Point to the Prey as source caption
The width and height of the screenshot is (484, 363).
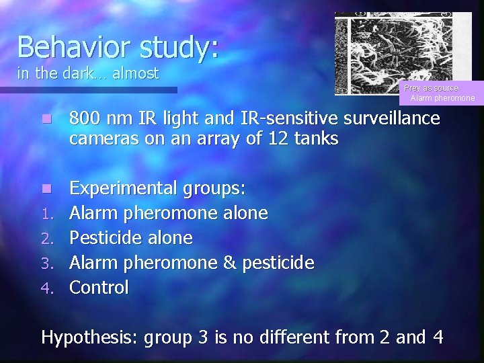[431, 88]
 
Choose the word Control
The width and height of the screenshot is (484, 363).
[99, 288]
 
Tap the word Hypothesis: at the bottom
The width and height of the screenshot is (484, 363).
[90, 336]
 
